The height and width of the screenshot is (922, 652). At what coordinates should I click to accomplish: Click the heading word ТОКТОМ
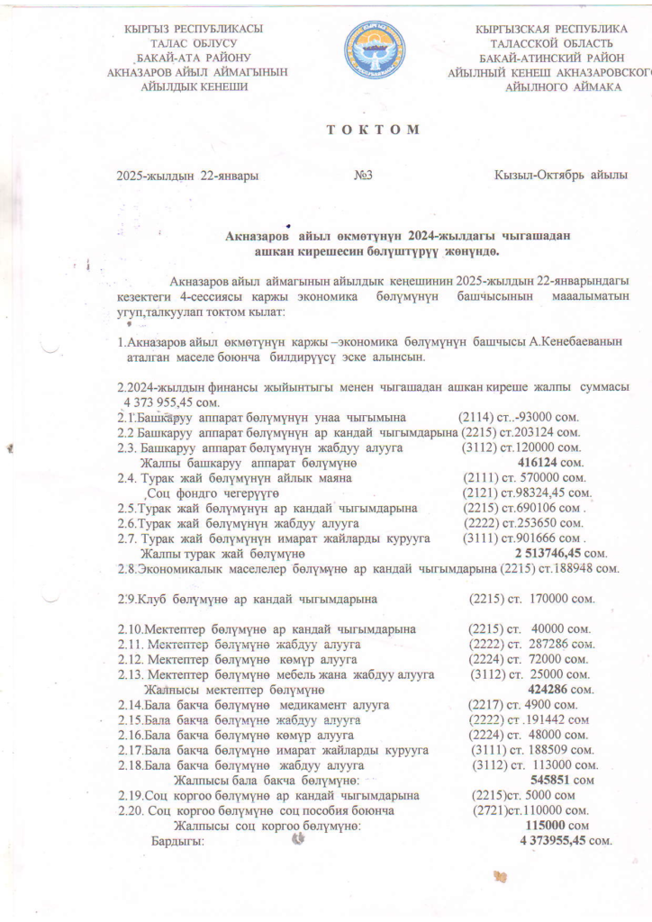(372, 129)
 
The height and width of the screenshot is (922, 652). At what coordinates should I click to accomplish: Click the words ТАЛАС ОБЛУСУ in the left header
(194, 43)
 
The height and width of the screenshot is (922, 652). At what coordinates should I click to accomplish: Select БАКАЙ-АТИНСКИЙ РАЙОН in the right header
(552, 58)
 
